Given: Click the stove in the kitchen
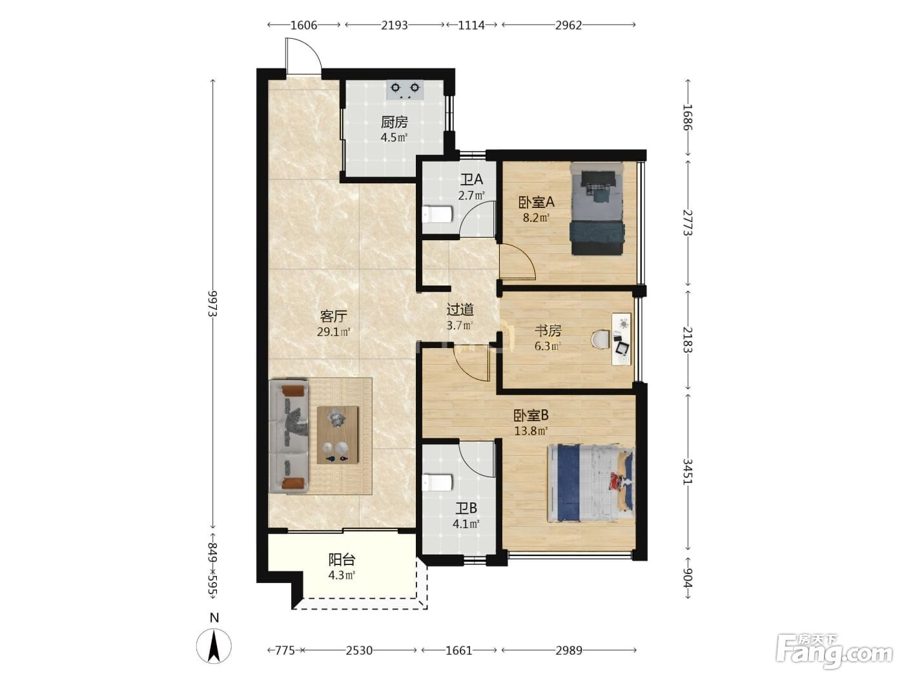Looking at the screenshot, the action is click(406, 90).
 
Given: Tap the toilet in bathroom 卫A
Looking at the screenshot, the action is click(437, 214).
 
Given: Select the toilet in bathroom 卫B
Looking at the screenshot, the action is click(437, 482).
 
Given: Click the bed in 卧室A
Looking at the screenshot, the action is click(597, 209).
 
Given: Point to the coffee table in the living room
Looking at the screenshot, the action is click(337, 435).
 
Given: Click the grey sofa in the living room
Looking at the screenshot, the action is click(289, 437).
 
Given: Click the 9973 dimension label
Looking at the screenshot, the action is click(212, 303).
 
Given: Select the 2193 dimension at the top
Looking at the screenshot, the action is click(394, 25).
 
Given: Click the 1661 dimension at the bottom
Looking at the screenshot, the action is click(459, 650).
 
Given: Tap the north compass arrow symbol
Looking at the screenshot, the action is click(214, 646).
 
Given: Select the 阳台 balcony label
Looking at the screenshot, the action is click(342, 560).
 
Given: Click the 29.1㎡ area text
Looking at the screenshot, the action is click(333, 332).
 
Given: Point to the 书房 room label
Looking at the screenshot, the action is click(548, 331).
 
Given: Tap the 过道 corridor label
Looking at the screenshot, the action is click(460, 309).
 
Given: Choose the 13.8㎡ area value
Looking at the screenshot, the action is click(531, 431).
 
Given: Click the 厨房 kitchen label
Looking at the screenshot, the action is click(394, 122).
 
